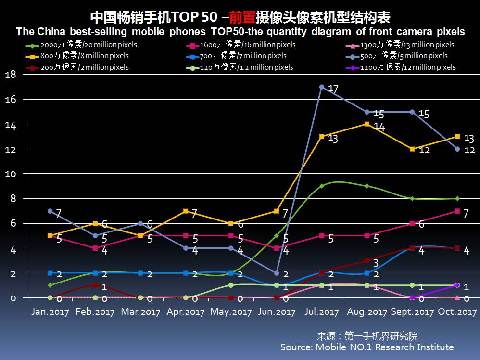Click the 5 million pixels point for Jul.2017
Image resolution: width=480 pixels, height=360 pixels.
[322, 87]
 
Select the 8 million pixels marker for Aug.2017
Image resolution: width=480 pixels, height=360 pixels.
[367, 124]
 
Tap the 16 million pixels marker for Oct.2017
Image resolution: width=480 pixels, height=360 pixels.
[457, 211]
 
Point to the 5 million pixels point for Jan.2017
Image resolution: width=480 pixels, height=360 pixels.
[50, 211]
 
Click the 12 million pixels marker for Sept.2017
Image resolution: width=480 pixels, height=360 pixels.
[412, 297]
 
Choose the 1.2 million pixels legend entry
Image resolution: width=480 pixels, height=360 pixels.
[240, 67]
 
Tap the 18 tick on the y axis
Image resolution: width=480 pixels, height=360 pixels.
[11, 75]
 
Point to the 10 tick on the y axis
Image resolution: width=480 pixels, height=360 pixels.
[11, 174]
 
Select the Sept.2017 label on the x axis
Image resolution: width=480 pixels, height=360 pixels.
[412, 312]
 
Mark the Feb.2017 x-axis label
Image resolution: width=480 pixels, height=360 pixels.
[96, 312]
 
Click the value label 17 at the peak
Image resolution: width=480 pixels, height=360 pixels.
[334, 89]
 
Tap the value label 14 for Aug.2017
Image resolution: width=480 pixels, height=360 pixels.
[379, 127]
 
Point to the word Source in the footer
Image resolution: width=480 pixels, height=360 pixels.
[296, 347]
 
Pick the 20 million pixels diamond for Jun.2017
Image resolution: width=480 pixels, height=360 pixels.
[277, 236]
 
